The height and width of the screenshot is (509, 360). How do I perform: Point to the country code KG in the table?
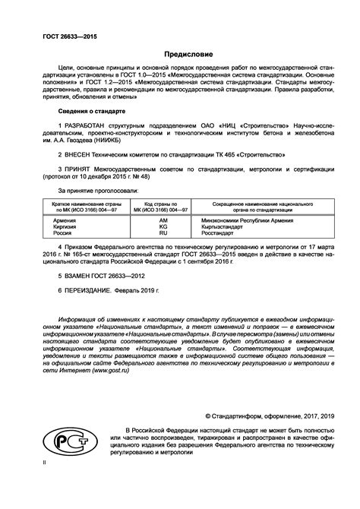point(163,226)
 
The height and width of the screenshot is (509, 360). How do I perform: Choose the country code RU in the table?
point(163,234)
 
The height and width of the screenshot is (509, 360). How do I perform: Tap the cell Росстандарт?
point(223,234)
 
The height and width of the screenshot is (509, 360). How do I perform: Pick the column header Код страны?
point(162,204)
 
